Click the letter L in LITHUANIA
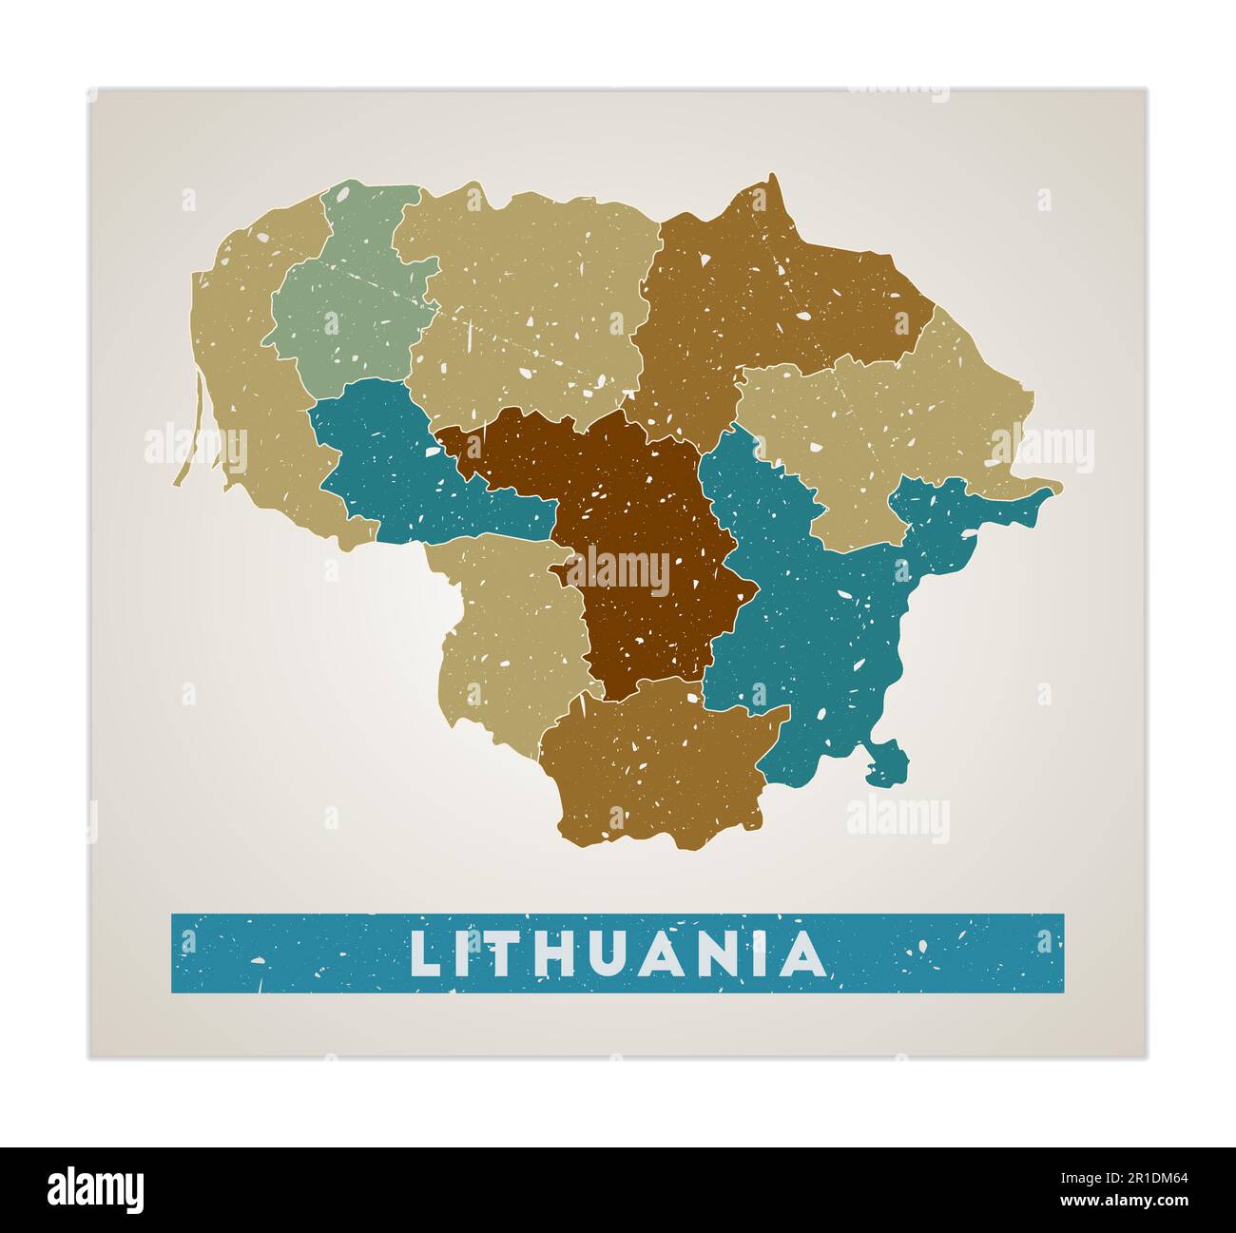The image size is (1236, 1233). pyautogui.click(x=425, y=954)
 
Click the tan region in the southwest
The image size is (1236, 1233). pyautogui.click(x=504, y=627)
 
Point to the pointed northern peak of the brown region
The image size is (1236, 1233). pyautogui.click(x=774, y=185)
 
